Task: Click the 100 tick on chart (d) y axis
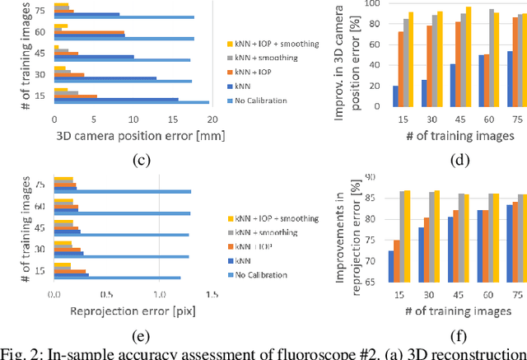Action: coord(374,3)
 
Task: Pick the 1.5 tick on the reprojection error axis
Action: coord(212,294)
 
